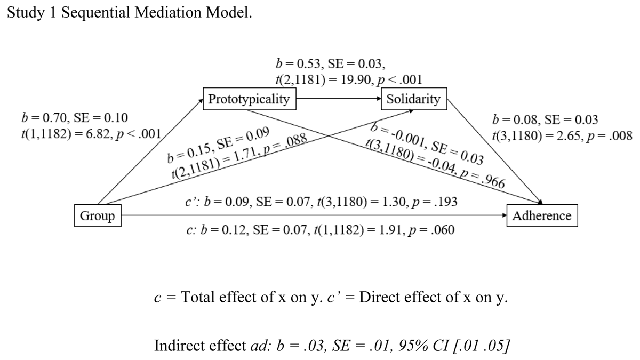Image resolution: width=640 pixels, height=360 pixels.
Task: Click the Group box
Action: (97, 216)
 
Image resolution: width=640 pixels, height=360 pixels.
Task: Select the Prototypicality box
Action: (249, 99)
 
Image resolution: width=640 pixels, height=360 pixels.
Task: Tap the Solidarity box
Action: (414, 99)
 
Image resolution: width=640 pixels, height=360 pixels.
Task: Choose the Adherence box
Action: (542, 216)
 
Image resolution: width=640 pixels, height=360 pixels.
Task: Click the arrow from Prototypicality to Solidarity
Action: (339, 99)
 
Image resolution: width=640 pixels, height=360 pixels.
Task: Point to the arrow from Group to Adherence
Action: (315, 216)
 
